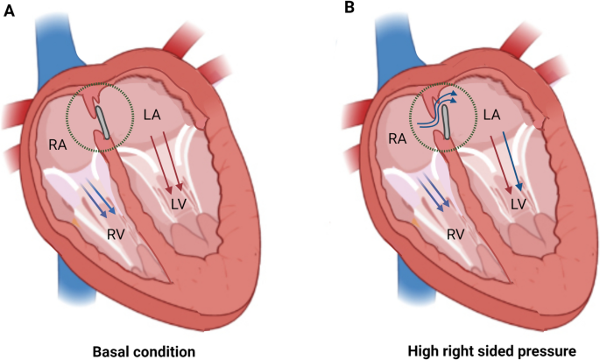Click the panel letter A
pyautogui.click(x=10, y=9)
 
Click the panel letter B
pyautogui.click(x=349, y=9)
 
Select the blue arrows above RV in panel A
pyautogui.click(x=100, y=200)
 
